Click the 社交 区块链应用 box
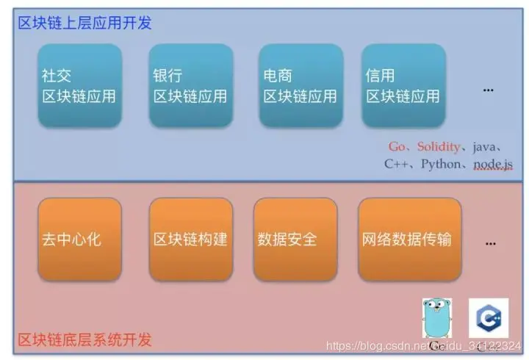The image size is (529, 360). [79, 85]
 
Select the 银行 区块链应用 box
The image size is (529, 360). [190, 85]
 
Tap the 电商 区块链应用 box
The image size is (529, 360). [301, 85]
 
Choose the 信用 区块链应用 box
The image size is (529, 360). [403, 85]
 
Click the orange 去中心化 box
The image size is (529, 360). [79, 240]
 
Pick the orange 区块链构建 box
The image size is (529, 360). [190, 240]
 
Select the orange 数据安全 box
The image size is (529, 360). [295, 240]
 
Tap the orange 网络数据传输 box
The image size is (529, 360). [409, 240]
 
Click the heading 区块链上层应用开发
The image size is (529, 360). [85, 23]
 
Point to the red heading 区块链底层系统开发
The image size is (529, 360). [85, 339]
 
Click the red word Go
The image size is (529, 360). [397, 147]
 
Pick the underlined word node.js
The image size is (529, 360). [492, 164]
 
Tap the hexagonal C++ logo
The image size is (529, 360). [488, 317]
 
